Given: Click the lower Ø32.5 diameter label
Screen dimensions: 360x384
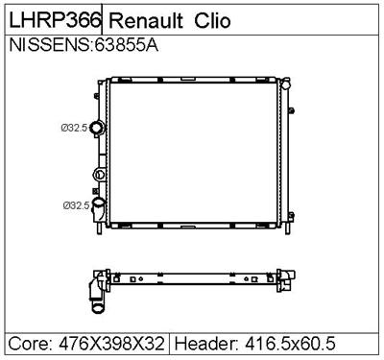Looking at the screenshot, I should pos(75,204).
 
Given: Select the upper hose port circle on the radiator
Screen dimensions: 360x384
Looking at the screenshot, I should pos(97,128).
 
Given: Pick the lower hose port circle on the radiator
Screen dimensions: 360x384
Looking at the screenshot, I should pos(98,204).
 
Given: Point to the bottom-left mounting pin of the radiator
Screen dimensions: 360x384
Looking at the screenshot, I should pos(100,232).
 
